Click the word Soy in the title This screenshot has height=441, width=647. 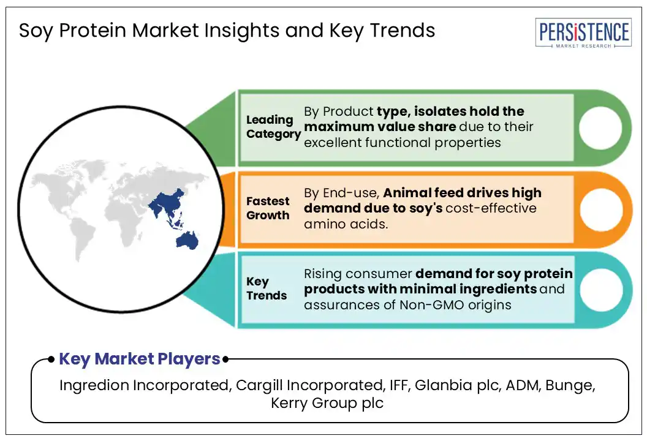click(x=34, y=30)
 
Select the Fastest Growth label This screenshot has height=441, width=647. click(x=268, y=208)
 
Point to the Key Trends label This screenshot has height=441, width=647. click(x=267, y=288)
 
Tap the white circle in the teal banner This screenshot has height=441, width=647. click(x=600, y=289)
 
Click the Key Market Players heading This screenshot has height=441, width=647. click(x=140, y=359)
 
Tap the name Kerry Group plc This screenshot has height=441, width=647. click(x=327, y=404)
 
